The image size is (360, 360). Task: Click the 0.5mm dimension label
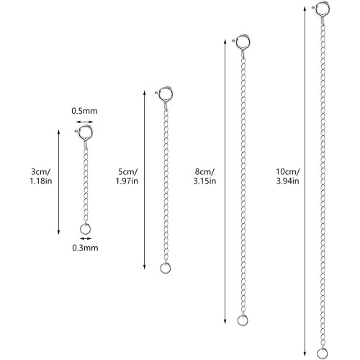click(84, 111)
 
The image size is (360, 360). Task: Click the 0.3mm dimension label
click(85, 248)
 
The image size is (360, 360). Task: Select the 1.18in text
click(41, 181)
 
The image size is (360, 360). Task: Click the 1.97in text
click(127, 181)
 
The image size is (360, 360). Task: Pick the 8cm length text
click(204, 172)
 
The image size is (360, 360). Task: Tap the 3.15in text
click(204, 181)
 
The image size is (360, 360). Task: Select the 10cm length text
click(288, 172)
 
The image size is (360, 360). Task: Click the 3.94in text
click(288, 181)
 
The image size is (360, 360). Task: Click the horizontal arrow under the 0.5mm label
click(84, 122)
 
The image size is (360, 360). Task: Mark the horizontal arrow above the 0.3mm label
click(86, 238)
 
